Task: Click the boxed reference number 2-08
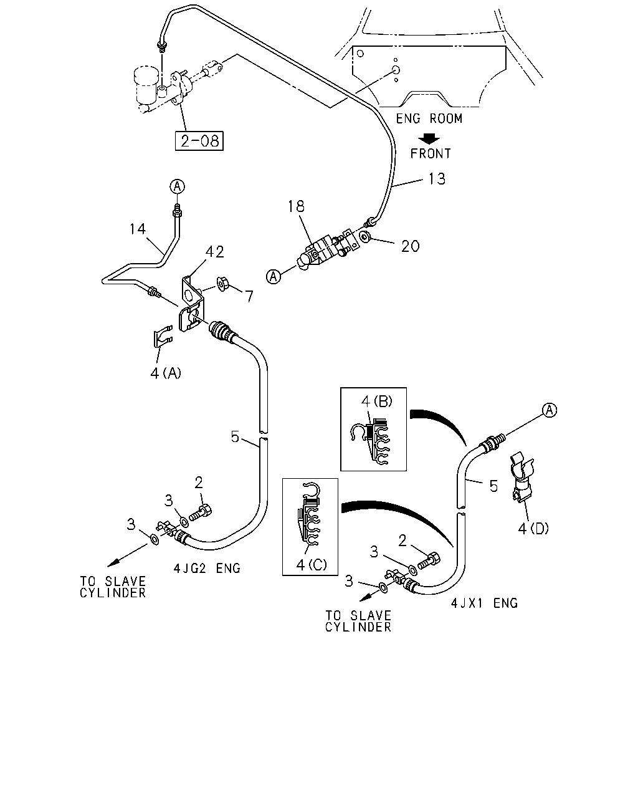pos(199,141)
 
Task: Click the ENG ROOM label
pos(429,118)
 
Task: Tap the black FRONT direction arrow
pos(429,139)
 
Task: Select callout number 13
pos(437,179)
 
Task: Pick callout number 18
pos(296,206)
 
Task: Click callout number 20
pos(411,246)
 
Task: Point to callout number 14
pos(138,229)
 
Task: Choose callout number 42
pos(215,252)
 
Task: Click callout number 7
pos(249,296)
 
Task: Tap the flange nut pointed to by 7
pos(223,285)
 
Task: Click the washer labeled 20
pos(365,236)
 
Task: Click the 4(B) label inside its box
pos(377,401)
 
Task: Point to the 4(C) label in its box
pos(312,565)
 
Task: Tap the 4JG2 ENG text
pos(207,568)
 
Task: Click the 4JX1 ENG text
pos(484,603)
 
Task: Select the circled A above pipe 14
pos(177,186)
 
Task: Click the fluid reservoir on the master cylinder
pos(146,85)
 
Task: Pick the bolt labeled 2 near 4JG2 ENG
pos(201,513)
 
